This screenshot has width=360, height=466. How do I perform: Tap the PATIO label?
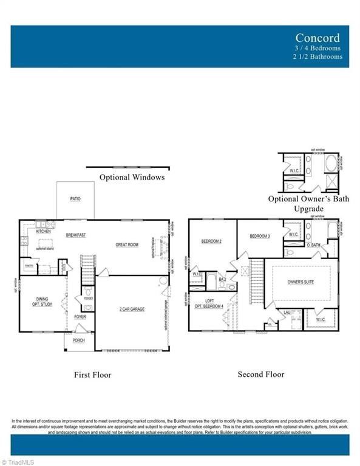point(75,199)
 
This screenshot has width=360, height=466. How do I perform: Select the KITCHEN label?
point(43,232)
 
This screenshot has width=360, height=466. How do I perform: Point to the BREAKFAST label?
point(76,235)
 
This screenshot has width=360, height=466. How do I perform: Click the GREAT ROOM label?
point(127,245)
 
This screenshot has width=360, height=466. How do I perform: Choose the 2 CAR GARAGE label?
point(131,309)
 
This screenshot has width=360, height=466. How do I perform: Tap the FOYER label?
point(80,317)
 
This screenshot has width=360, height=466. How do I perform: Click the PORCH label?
point(78,340)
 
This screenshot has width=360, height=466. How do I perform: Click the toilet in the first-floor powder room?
point(88,292)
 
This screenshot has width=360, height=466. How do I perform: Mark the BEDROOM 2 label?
point(211,241)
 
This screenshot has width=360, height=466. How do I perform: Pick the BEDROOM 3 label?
point(260,235)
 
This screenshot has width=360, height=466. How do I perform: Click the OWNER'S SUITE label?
point(301,282)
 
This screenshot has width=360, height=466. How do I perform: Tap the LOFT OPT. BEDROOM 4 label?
point(209,304)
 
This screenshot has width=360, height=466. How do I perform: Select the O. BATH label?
point(313,245)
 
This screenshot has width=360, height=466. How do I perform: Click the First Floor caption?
point(93,375)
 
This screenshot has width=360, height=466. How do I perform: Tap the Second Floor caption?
point(261,374)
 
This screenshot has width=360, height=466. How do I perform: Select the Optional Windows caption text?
point(132,177)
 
